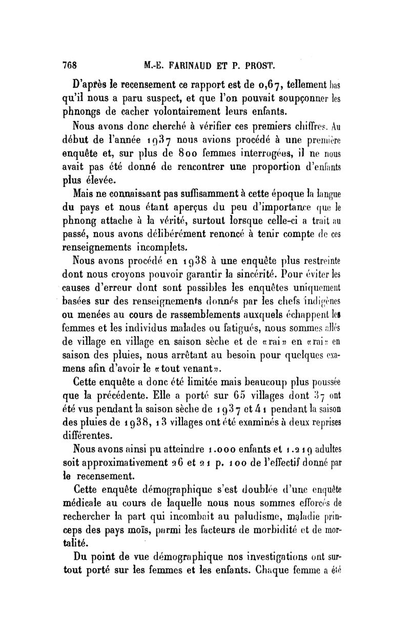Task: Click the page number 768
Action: tap(69, 65)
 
